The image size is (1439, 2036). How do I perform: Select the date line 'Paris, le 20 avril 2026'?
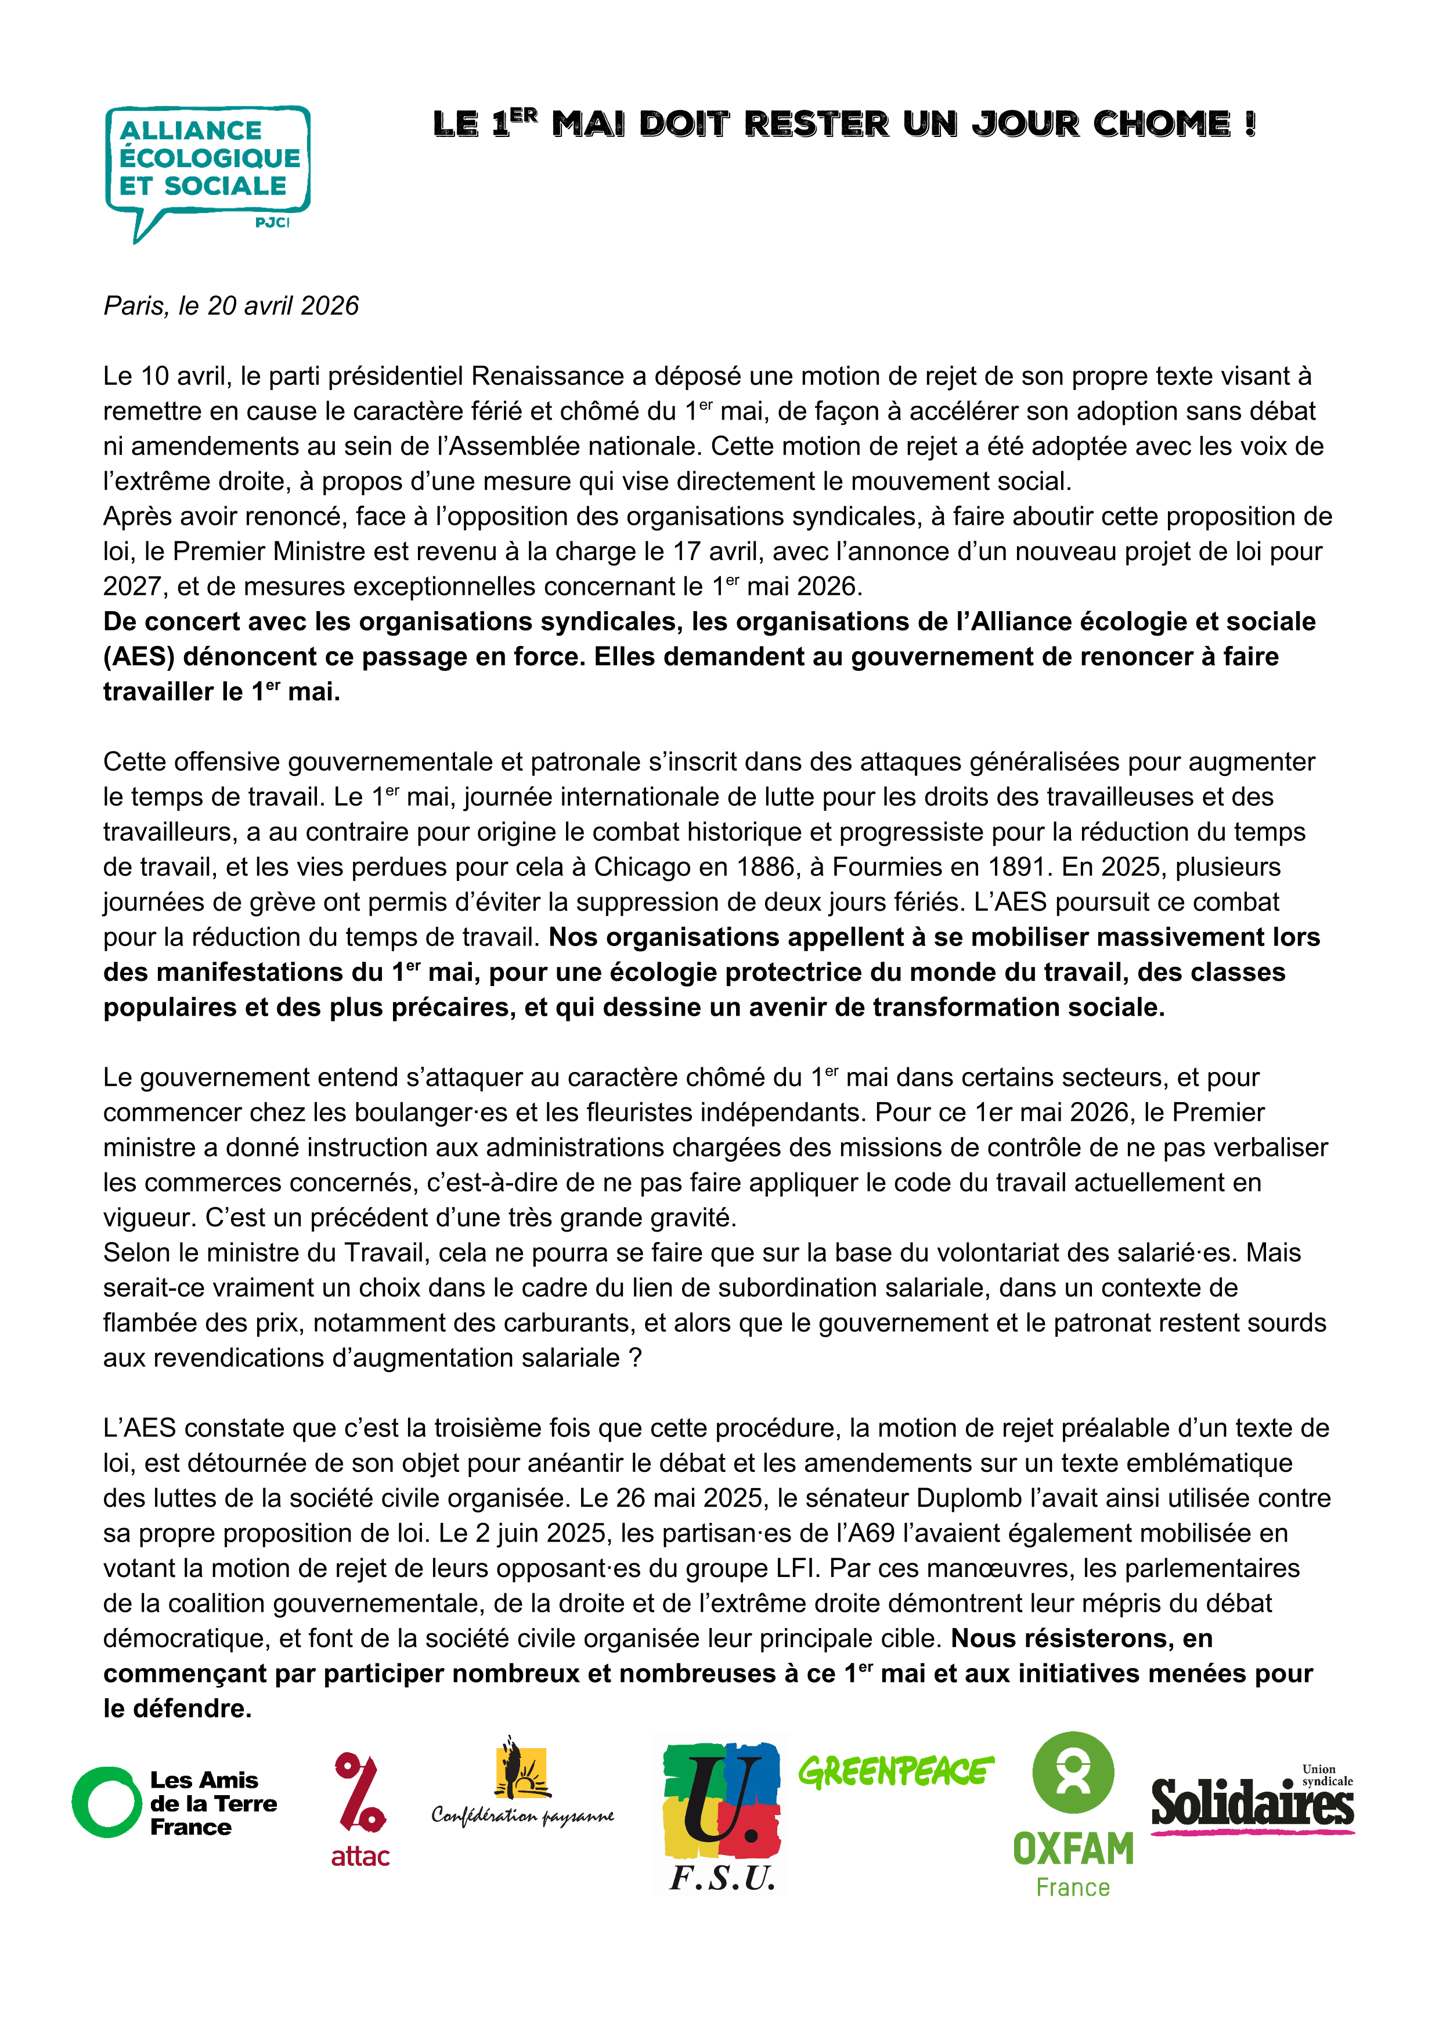[232, 306]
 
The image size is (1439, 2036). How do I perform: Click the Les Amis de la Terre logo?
[175, 1803]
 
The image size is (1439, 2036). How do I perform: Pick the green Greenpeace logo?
[896, 1772]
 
